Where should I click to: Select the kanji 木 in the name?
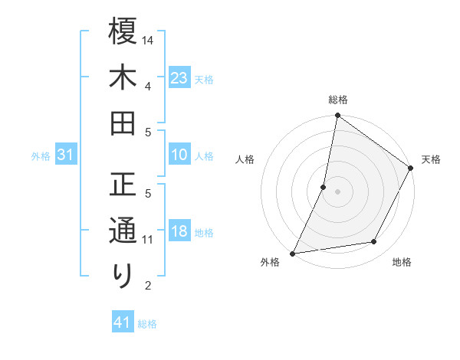click(123, 78)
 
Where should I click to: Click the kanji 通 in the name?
click(123, 231)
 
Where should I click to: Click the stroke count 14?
click(149, 40)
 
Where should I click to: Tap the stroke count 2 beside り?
click(149, 286)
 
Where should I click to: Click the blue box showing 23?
click(179, 77)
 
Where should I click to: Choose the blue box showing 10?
click(179, 155)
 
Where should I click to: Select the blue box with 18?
click(179, 232)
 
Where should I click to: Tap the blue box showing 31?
click(65, 155)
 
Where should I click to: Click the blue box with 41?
click(122, 323)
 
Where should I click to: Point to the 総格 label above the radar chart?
click(338, 100)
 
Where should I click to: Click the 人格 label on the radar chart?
click(245, 159)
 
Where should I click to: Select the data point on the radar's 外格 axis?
click(293, 253)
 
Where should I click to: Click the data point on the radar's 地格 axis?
click(374, 242)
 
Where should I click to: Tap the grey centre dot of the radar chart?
click(337, 191)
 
